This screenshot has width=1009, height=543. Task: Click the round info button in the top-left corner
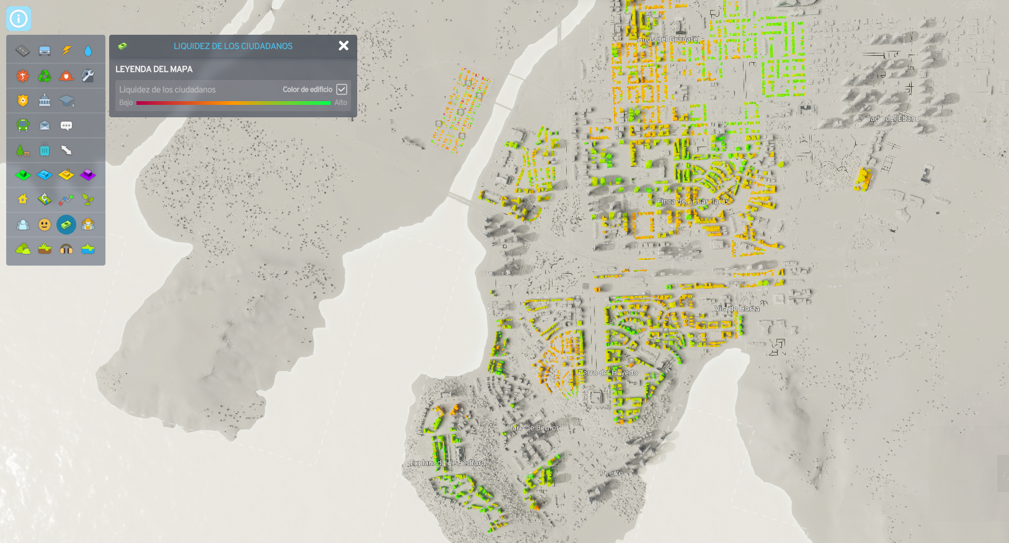click(19, 19)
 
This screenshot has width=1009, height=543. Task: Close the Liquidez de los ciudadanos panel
click(344, 46)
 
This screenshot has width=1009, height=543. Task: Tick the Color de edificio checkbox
click(342, 89)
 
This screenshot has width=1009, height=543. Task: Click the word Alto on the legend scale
click(341, 103)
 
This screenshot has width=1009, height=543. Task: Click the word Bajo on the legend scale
click(126, 103)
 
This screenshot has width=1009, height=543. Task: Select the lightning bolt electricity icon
click(66, 51)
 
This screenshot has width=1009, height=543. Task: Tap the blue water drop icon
click(88, 51)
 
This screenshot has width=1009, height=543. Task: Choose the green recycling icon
click(45, 76)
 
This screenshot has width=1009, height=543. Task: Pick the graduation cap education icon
click(66, 101)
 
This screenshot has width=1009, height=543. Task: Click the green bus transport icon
click(23, 125)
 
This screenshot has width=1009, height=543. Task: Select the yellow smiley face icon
click(45, 225)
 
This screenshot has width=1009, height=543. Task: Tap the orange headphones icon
click(66, 249)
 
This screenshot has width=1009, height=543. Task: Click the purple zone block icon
click(88, 175)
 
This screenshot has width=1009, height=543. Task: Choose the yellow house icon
click(23, 199)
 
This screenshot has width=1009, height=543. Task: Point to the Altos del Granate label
click(667, 39)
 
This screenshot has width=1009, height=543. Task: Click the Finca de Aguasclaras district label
click(693, 202)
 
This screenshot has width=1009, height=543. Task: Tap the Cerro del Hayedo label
click(608, 373)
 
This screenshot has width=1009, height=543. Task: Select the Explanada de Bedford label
click(448, 463)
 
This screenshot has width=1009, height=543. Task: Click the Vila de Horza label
click(737, 308)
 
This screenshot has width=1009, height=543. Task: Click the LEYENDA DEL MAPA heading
click(154, 69)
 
